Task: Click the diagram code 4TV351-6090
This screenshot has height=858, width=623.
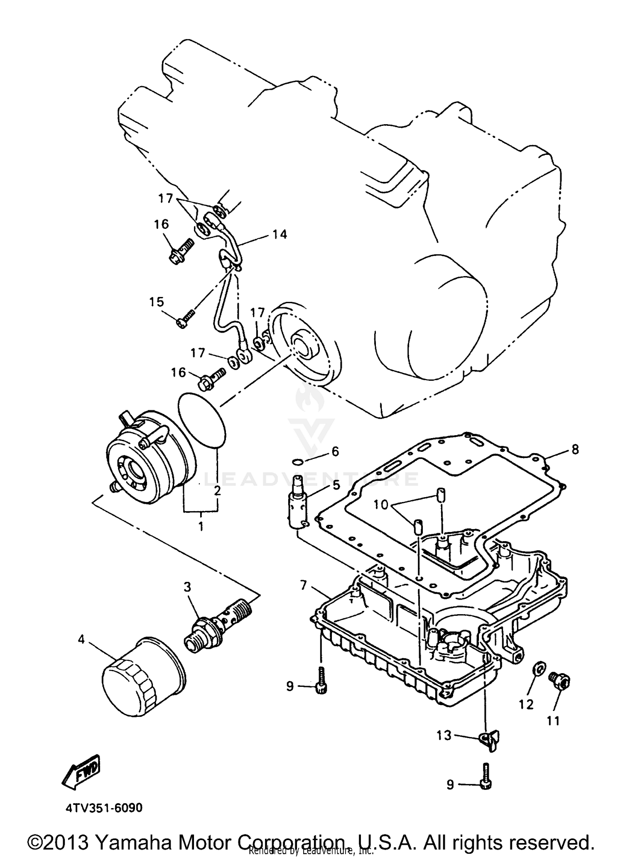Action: (x=104, y=808)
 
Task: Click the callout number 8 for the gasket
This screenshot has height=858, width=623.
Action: (x=575, y=449)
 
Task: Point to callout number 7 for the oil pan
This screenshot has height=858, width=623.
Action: (x=304, y=586)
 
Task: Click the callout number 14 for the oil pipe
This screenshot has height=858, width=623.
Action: (x=280, y=234)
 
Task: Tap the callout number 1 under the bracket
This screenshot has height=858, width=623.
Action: (x=201, y=526)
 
